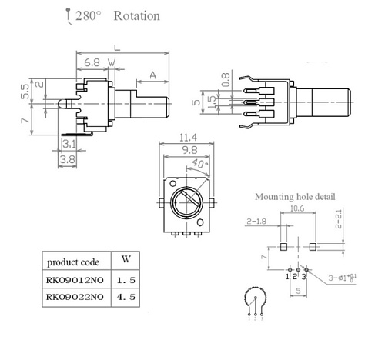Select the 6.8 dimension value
(91, 61)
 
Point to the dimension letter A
(153, 75)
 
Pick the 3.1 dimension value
(69, 144)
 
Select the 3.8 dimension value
(69, 160)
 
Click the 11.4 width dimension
(186, 135)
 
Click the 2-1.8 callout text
(258, 221)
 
